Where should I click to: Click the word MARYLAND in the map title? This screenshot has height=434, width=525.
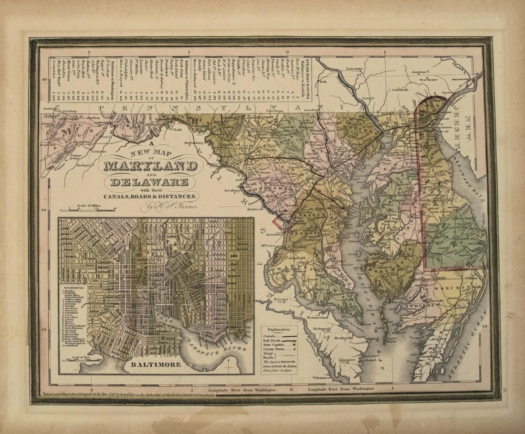[x=149, y=166]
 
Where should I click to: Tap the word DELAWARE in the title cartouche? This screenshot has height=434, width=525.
[x=149, y=182]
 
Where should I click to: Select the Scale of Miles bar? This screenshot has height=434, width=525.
[x=93, y=209]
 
